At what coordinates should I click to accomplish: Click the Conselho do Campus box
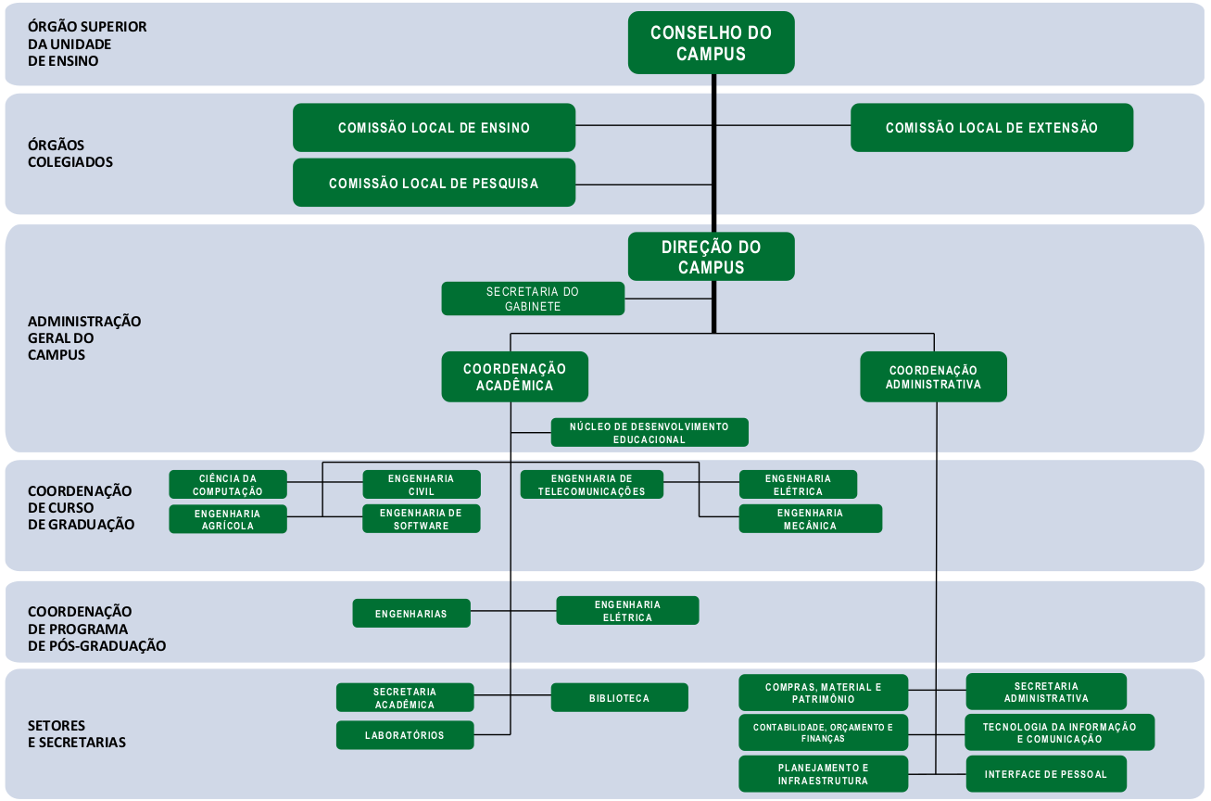711,43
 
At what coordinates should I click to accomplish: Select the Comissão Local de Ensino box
435,128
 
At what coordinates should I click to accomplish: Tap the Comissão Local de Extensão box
992,128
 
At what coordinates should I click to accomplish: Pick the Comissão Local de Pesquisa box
435,183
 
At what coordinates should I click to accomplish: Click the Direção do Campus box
711,257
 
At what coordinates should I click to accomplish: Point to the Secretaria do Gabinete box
533,299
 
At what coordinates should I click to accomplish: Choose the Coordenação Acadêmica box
514,377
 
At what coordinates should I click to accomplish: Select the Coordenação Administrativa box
934,377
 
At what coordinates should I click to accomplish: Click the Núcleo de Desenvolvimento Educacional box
650,433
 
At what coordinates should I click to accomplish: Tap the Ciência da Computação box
228,485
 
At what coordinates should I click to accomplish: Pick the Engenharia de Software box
422,518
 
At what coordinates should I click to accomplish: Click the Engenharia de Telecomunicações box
592,485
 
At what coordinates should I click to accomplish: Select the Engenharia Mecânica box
811,518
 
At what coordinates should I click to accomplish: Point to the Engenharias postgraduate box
411,614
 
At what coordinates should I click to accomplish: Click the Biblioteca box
620,698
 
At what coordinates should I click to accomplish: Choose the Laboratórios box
405,735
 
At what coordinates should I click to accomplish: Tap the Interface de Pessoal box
1046,774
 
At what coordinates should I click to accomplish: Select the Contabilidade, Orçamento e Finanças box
824,732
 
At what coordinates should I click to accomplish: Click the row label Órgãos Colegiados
70,154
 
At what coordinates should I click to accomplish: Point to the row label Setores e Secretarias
77,734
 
